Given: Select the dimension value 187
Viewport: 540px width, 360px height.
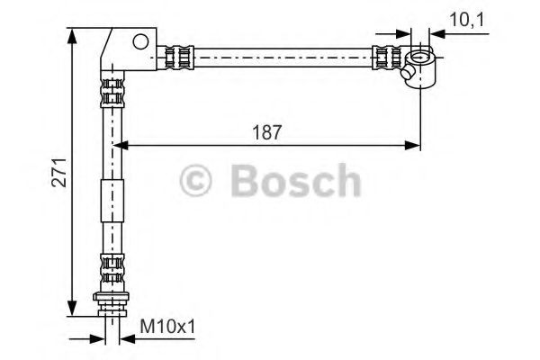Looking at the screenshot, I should coord(267,131).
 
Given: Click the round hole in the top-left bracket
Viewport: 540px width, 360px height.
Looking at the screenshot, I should coord(140,40).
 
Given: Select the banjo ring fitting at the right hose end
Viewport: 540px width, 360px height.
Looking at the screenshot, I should coord(419,66).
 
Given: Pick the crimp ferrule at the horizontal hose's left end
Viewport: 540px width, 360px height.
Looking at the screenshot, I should coord(179,58).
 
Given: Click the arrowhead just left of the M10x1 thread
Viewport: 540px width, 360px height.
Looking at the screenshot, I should coord(99,338).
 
